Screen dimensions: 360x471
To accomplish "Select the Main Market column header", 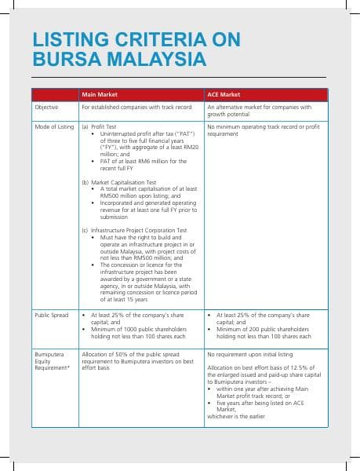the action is pyautogui.click(x=99, y=94).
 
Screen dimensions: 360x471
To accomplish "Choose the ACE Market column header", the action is pyautogui.click(x=223, y=94).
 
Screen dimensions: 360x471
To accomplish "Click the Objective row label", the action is pyautogui.click(x=47, y=107).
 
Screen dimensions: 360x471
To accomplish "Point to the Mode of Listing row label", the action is pyautogui.click(x=53, y=126).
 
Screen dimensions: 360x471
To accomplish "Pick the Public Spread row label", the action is pyautogui.click(x=51, y=315).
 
